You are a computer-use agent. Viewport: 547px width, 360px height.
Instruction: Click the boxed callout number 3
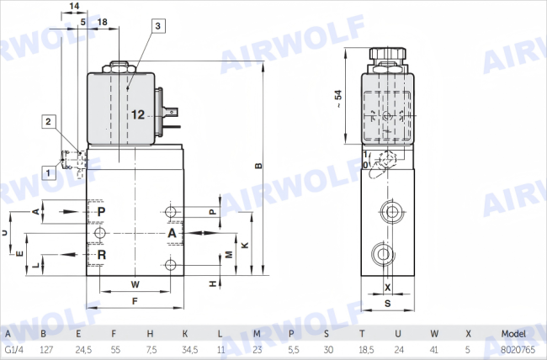[158, 26]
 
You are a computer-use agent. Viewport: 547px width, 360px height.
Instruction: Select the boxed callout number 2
[49, 121]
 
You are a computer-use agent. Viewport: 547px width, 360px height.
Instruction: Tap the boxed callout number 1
[49, 172]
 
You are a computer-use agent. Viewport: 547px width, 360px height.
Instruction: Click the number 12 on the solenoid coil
[138, 114]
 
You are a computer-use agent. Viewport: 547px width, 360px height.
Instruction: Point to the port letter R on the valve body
[102, 255]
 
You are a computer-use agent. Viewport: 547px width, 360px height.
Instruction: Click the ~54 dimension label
[338, 99]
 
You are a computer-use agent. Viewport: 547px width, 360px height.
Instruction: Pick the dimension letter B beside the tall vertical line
[258, 166]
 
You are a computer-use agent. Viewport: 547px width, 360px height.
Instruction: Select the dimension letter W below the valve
[135, 284]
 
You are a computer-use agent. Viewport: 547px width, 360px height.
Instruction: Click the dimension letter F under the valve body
[135, 301]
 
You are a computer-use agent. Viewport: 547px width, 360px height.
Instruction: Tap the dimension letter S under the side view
[388, 304]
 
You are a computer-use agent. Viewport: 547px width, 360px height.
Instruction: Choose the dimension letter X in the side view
[388, 288]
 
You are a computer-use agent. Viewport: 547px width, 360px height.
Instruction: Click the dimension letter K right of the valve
[245, 245]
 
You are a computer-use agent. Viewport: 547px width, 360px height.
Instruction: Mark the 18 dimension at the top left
[102, 22]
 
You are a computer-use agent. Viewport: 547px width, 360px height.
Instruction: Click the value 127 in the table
[46, 350]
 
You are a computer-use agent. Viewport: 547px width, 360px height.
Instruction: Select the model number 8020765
[518, 350]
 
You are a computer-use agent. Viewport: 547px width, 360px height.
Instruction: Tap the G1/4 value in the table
[14, 350]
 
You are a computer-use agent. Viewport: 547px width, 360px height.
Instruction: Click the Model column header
[513, 334]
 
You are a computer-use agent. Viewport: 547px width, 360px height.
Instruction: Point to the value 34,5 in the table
[190, 350]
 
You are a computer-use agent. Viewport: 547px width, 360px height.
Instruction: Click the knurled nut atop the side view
[388, 54]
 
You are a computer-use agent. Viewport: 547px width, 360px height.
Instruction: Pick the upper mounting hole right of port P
[171, 211]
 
